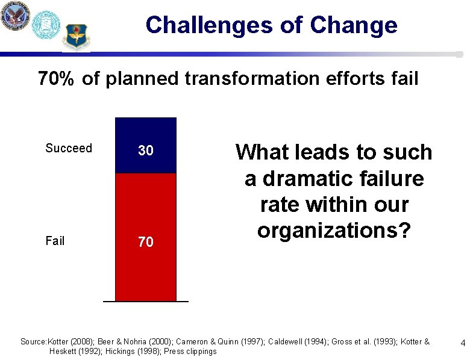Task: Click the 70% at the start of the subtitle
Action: (x=57, y=78)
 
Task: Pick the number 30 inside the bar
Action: (x=146, y=151)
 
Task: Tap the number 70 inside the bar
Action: (x=146, y=242)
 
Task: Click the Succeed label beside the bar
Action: (x=69, y=148)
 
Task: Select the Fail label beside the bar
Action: (x=55, y=241)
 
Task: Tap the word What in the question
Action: (x=263, y=152)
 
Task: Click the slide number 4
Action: (x=463, y=343)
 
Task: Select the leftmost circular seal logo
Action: (x=14, y=16)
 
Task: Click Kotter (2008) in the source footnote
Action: (x=75, y=342)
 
